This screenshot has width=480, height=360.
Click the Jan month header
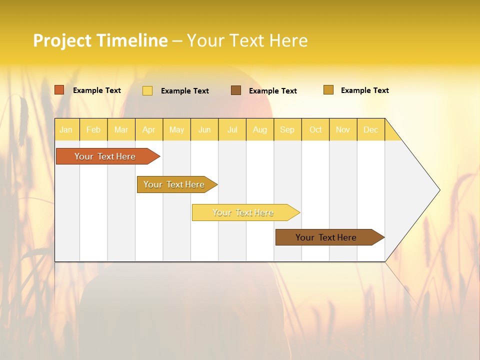pos(66,129)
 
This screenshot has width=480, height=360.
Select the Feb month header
pos(93,129)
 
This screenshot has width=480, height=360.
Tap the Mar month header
pos(121,129)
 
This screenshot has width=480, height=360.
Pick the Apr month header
pos(149,129)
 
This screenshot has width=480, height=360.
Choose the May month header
pos(176,129)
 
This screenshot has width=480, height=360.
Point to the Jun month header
pos(204,129)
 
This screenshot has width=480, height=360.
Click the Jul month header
pos(232,129)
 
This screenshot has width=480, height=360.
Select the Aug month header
pos(260,129)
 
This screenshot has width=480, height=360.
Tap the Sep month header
pos(287,129)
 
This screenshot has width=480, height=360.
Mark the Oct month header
pos(315,129)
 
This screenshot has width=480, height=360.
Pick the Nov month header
pos(343,129)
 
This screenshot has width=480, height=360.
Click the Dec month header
pos(371,129)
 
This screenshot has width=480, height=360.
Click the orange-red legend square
pos(59,90)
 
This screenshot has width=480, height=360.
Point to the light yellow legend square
pos(147,90)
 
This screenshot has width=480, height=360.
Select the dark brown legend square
pos(236,90)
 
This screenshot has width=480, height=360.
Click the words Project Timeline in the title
pos(100,40)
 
